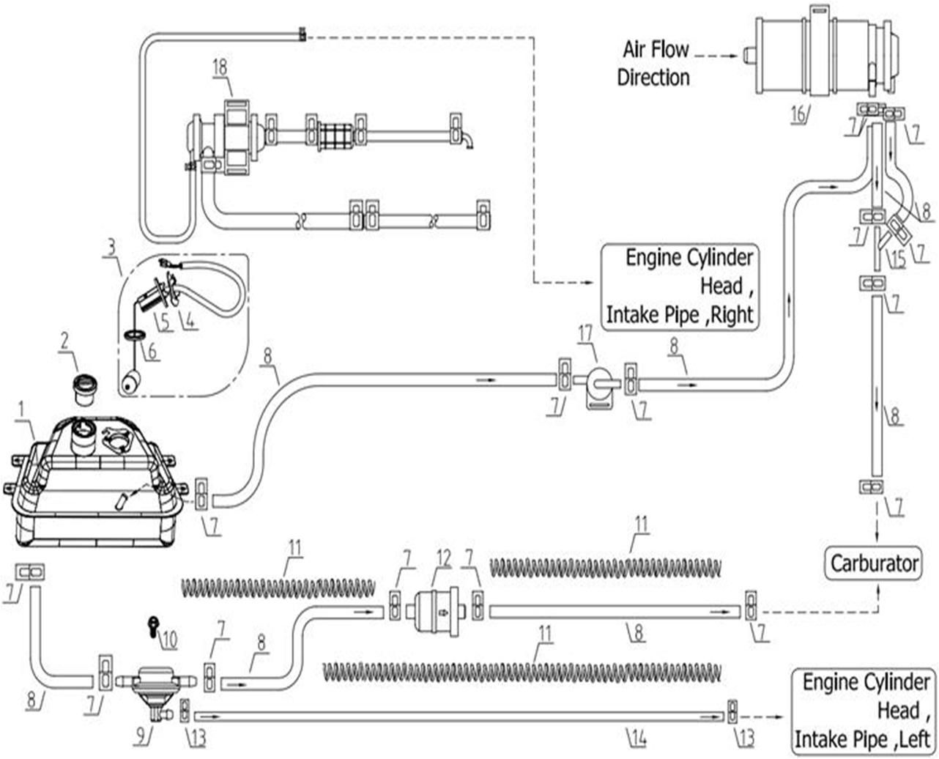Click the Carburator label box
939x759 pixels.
click(874, 563)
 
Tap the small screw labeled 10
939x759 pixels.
click(153, 624)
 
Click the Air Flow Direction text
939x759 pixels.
click(655, 64)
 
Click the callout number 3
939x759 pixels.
click(111, 246)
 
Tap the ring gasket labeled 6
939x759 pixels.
click(134, 336)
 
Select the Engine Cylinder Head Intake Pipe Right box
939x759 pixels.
click(679, 286)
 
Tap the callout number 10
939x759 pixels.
click(169, 640)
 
